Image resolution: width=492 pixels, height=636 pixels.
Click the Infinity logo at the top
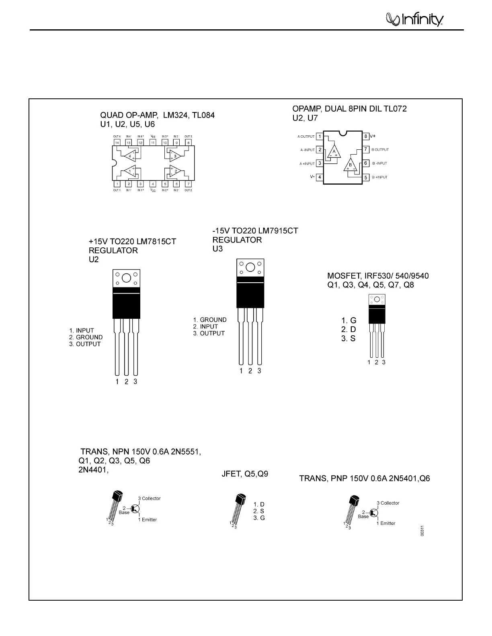pyautogui.click(x=414, y=19)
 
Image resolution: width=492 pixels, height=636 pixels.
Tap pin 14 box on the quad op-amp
pyautogui.click(x=117, y=143)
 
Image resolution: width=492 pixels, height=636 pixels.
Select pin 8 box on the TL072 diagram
pyautogui.click(x=366, y=136)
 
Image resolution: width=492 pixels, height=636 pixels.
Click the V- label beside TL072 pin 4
pyautogui.click(x=312, y=177)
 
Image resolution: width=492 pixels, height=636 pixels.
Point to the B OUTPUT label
pyautogui.click(x=380, y=150)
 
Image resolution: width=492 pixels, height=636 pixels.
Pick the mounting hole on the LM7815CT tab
pyautogui.click(x=126, y=278)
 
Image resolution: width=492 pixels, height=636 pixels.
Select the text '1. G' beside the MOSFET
pyautogui.click(x=348, y=320)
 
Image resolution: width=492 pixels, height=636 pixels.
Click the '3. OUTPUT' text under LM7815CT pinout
pyautogui.click(x=85, y=344)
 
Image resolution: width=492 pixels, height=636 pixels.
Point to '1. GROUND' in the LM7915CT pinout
pyautogui.click(x=209, y=320)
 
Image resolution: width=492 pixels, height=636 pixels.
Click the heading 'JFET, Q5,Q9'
pyautogui.click(x=245, y=474)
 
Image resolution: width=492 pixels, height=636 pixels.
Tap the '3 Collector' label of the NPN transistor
pyautogui.click(x=149, y=498)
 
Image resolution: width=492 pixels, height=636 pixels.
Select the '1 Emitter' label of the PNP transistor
pyautogui.click(x=386, y=523)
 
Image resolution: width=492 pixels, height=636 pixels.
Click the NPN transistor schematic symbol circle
pyautogui.click(x=135, y=509)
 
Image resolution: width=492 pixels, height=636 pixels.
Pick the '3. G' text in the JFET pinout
pyautogui.click(x=259, y=518)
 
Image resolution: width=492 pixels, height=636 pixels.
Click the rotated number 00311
pyautogui.click(x=422, y=531)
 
